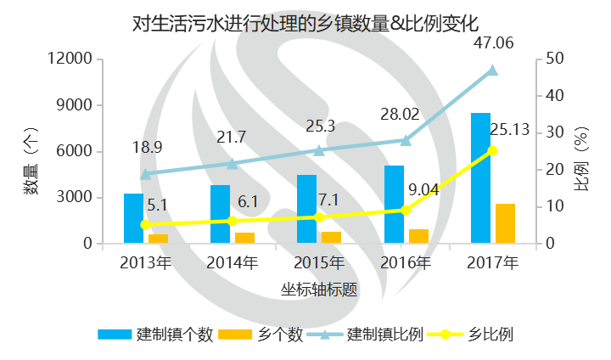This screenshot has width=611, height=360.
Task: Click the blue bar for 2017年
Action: [480, 178]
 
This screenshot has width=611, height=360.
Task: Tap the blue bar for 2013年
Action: [133, 218]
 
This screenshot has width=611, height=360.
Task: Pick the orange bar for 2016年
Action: [418, 236]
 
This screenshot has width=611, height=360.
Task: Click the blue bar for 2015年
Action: [306, 209]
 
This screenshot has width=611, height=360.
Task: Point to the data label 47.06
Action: [493, 42]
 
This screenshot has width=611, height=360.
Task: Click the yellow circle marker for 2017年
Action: [492, 151]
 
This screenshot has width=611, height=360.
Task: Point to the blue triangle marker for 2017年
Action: [492, 70]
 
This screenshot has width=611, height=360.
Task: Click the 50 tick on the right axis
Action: [552, 59]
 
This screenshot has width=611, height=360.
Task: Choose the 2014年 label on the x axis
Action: [232, 263]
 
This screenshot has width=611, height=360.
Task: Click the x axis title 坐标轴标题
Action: [318, 289]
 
